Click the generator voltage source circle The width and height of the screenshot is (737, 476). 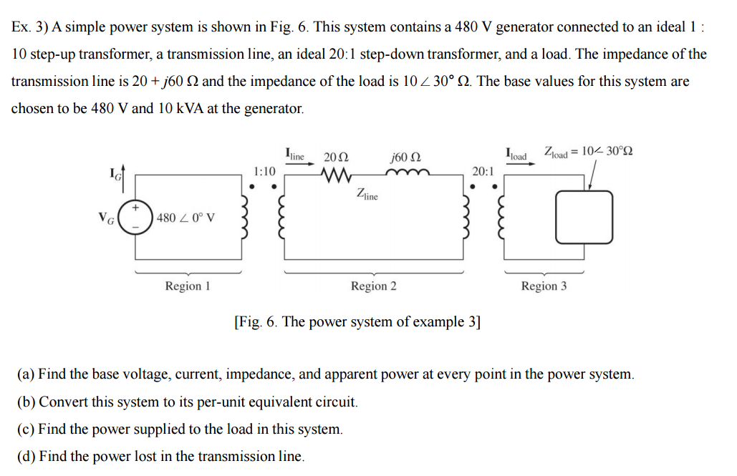click(135, 217)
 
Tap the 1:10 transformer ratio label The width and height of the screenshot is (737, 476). click(264, 171)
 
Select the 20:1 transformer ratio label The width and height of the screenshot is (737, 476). click(483, 171)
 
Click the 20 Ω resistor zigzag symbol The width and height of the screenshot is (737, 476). click(337, 174)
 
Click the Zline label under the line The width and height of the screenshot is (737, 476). click(367, 194)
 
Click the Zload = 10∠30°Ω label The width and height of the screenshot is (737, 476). click(588, 152)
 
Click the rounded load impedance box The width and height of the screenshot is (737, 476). click(584, 217)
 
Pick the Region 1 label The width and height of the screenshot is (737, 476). click(188, 286)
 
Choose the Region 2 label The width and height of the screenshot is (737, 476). click(373, 286)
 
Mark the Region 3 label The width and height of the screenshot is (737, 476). click(544, 286)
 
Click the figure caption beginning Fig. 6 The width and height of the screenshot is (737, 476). click(357, 321)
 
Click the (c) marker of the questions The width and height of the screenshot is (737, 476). click(26, 429)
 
